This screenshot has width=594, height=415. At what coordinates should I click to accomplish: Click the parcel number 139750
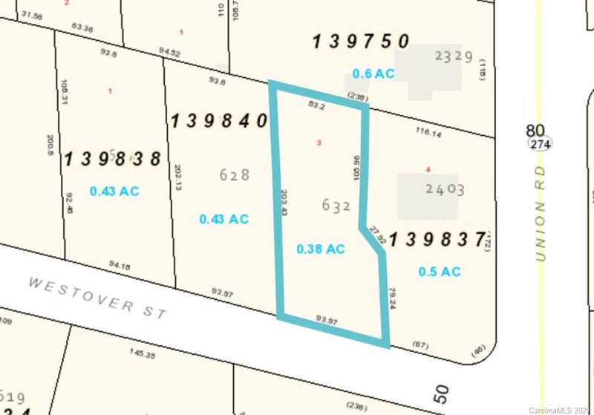point(361,42)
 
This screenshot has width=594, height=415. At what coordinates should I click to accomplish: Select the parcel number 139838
point(113,159)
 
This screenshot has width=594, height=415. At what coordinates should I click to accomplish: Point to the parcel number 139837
point(437,239)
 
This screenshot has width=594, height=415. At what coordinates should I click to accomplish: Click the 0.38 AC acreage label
point(321,249)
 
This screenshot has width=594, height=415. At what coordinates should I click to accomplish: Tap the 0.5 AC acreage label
point(440,272)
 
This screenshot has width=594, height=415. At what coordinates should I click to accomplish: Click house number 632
point(336,206)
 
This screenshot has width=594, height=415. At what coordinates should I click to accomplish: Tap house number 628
point(235,175)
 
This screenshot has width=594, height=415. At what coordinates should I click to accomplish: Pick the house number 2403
point(445,189)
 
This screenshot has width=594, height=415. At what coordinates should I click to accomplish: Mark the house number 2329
point(454,56)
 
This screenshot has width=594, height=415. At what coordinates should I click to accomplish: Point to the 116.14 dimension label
point(428,131)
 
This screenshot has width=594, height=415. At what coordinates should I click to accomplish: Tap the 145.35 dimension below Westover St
point(141,356)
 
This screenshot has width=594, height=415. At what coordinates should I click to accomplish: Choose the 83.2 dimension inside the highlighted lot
point(316,106)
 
